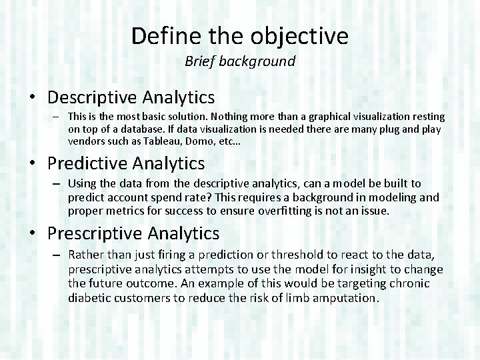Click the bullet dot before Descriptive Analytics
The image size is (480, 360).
point(33,98)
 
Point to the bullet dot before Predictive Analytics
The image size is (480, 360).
point(33,163)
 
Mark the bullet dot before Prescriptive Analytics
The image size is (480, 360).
point(33,234)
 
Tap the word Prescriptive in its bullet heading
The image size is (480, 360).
point(95,233)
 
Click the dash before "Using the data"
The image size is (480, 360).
point(58,183)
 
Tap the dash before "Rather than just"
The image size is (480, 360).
point(58,255)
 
